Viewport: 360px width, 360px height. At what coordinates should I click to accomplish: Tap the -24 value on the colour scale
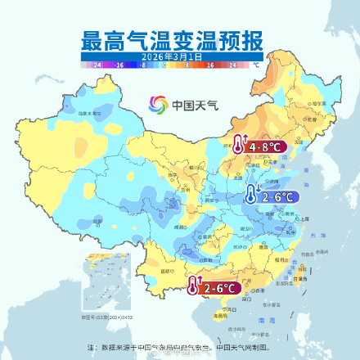[97, 63]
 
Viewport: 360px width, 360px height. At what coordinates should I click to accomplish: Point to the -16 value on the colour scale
[119, 63]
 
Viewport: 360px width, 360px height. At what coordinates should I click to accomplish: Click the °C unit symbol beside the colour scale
[254, 63]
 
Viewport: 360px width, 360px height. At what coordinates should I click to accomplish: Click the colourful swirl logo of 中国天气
[158, 106]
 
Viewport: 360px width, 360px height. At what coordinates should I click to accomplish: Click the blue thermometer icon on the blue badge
[250, 195]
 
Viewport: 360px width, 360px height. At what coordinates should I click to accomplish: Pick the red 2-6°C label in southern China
[220, 288]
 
